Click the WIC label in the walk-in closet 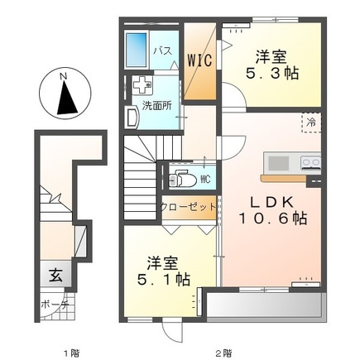pos(200,60)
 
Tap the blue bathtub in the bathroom pos(136,50)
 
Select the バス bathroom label pos(163,51)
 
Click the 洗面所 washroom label pos(156,106)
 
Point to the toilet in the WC pos(182,180)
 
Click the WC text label pos(205,180)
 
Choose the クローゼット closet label pos(189,207)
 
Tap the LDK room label pos(271,203)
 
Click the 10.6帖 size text pos(272,218)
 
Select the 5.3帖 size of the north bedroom pos(272,74)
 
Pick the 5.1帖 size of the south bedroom pos(164,280)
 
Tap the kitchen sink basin pos(279,163)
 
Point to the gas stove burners pos(311,162)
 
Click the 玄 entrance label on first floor pos(55,276)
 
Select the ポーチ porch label pos(55,305)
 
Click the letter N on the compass pos(64,76)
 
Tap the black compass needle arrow pos(66,98)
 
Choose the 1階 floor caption pos(72,353)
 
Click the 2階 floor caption pos(223,353)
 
